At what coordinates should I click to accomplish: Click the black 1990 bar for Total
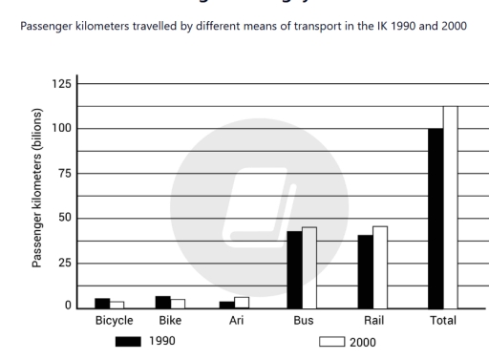[436, 218]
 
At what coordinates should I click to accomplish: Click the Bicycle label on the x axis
[114, 321]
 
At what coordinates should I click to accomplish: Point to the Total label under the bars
[443, 321]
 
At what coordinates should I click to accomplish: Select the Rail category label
[373, 321]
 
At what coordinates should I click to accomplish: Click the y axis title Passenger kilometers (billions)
[37, 196]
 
